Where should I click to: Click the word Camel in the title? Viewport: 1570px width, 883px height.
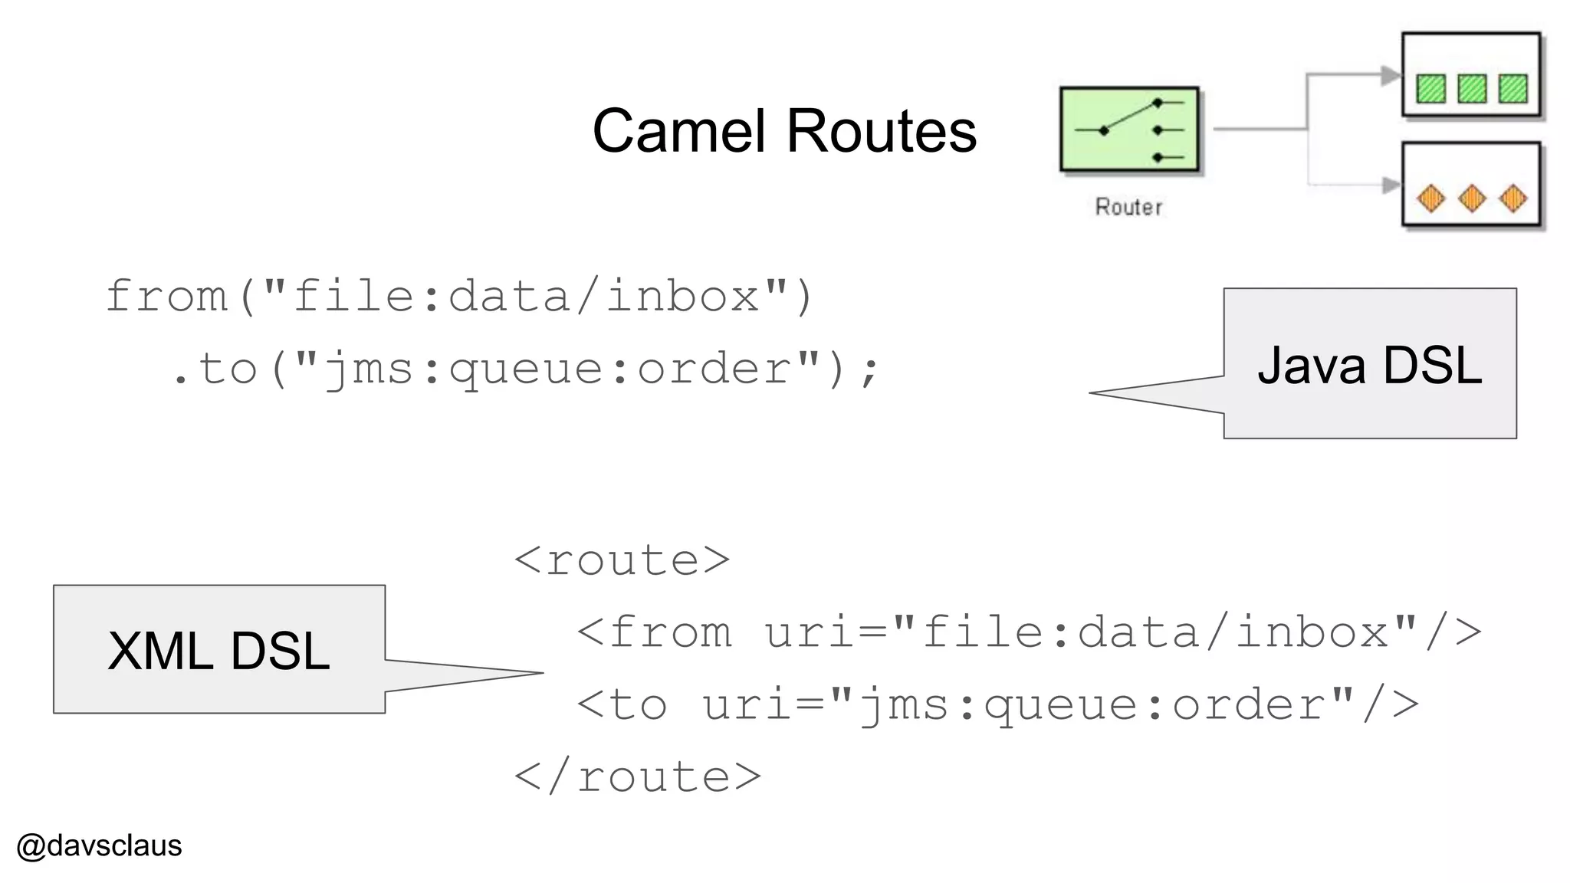pos(679,131)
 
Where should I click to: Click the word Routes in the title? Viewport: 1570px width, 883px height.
pos(882,131)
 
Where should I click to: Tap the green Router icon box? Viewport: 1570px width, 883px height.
pos(1129,130)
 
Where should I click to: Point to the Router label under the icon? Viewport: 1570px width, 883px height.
pos(1128,207)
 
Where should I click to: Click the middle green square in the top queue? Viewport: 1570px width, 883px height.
pos(1471,88)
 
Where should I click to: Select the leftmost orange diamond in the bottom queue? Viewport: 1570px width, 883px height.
pos(1430,199)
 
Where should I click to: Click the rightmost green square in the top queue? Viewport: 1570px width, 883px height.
pos(1513,88)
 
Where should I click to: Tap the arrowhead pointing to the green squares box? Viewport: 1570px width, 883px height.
pos(1391,75)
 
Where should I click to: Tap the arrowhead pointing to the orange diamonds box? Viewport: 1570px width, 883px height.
pos(1391,185)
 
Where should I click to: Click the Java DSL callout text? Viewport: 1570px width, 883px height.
pos(1369,365)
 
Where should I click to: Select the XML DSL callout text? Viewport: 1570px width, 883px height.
pos(218,651)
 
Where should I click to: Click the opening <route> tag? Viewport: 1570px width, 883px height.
pos(622,560)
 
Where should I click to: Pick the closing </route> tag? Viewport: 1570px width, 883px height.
pos(637,777)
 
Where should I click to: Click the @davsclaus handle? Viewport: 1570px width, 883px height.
pos(99,845)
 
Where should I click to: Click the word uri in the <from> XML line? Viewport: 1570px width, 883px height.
pos(809,633)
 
